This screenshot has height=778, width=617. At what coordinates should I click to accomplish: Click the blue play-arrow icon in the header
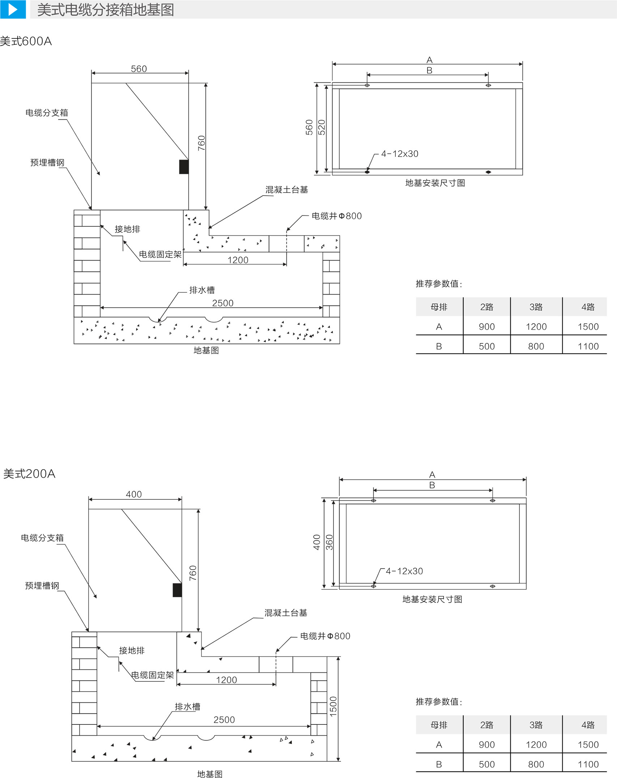point(13,9)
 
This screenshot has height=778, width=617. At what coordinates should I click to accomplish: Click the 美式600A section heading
point(26,41)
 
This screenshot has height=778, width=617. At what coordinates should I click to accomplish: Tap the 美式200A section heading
point(29,474)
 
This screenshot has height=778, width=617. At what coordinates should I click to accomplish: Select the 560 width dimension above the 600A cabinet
point(139,69)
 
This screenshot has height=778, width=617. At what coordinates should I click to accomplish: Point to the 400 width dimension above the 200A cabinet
point(134,494)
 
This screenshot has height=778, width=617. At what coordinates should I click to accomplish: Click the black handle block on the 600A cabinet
point(184,166)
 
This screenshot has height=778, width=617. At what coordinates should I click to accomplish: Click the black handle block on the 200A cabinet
point(177,590)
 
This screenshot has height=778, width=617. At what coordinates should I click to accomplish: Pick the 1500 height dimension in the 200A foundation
point(333,706)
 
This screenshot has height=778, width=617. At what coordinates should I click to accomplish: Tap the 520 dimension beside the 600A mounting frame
point(322,127)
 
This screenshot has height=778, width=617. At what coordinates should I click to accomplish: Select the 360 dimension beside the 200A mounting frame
point(329,542)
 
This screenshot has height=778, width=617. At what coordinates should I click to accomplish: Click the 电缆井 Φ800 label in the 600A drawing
point(336,216)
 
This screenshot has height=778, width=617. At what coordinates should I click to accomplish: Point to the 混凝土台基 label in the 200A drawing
point(286,613)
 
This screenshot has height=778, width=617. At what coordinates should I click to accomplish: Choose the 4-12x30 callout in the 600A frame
point(400,154)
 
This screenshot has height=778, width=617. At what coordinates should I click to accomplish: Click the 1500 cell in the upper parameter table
point(588,327)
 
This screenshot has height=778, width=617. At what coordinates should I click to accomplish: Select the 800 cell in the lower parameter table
point(536,764)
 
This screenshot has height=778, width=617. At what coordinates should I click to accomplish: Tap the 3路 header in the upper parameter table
point(536,307)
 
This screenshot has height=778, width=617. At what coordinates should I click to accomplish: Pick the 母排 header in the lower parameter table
point(439,725)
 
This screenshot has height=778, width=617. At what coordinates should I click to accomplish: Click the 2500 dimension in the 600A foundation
point(223,303)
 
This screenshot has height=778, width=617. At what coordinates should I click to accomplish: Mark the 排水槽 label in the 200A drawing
point(187,707)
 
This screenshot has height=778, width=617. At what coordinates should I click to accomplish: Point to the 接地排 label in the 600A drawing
point(127,229)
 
